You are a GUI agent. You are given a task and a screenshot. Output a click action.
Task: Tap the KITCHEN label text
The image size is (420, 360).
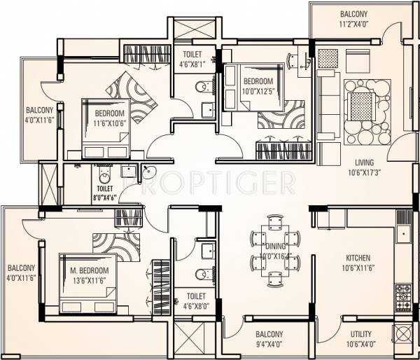[x=356, y=258]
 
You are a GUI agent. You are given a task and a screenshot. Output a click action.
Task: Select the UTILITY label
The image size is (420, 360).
[x=360, y=334]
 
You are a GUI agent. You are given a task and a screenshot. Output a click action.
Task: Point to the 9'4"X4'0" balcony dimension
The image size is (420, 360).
[x=269, y=344]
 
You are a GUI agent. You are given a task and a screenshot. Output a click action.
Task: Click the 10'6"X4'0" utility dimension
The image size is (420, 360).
[x=360, y=344]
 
